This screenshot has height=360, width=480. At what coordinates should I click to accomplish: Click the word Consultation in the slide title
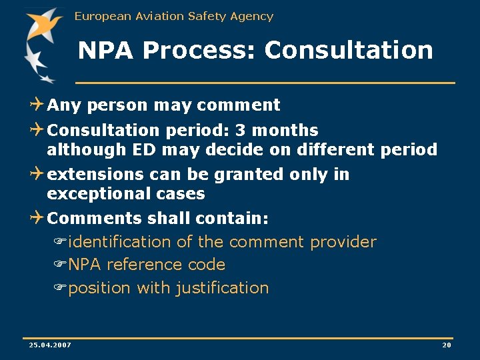point(349,50)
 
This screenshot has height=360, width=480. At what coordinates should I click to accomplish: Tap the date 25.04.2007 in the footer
point(50,345)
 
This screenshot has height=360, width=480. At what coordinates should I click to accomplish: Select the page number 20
point(447,345)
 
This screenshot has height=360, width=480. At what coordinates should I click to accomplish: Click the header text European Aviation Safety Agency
point(174,16)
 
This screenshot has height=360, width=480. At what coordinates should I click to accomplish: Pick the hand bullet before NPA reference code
point(59,265)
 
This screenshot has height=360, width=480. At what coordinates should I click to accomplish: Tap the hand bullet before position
point(59,288)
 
